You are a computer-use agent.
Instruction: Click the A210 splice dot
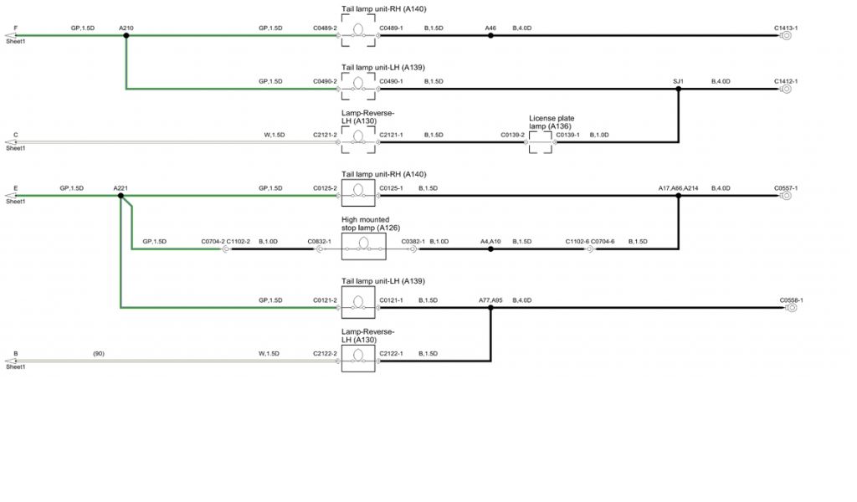(x=126, y=36)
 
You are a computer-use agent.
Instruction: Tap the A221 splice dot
(x=121, y=196)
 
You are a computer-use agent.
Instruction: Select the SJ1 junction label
(x=678, y=81)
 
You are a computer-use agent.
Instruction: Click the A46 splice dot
(x=491, y=36)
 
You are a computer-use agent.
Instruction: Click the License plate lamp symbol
(x=541, y=142)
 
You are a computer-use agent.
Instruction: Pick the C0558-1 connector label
(x=792, y=299)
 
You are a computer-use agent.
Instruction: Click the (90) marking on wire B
(x=99, y=353)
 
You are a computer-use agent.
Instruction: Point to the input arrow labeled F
(x=10, y=36)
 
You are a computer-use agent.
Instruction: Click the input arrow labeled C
(x=10, y=142)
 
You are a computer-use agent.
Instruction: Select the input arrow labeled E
(x=10, y=196)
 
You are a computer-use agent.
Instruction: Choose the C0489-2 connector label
(x=325, y=28)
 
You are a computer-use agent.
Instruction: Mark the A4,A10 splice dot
(x=491, y=249)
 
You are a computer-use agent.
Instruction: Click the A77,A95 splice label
(x=490, y=299)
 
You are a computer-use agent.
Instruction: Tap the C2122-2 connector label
(x=325, y=353)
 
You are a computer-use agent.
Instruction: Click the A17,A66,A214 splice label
(x=678, y=188)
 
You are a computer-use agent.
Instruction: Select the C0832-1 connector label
(x=320, y=241)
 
